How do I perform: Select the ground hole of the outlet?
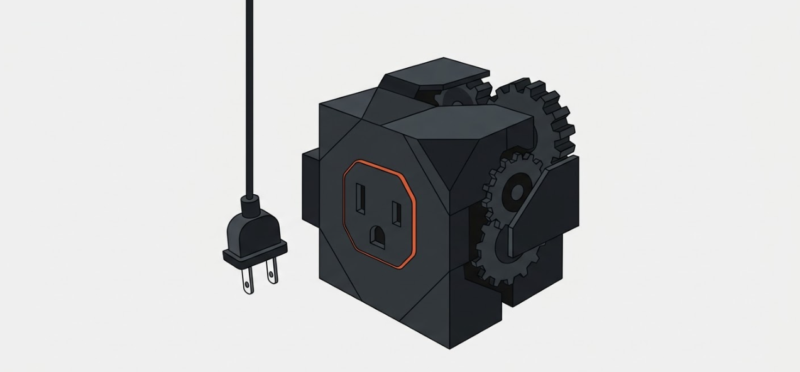click(x=378, y=236)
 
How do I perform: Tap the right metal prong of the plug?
click(x=271, y=271)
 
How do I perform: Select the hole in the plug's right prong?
click(x=272, y=274)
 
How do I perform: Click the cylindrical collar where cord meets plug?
click(x=250, y=202)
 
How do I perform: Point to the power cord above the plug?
click(x=249, y=94)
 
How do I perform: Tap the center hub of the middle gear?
click(x=517, y=191)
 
